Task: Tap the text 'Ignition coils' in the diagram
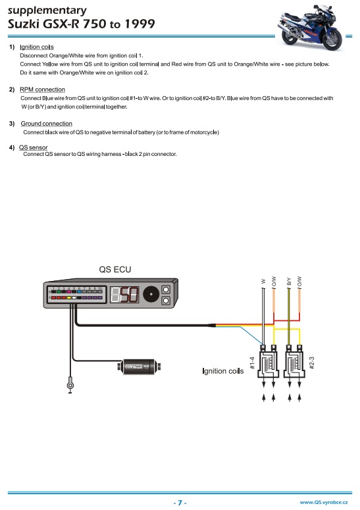coord(222,371)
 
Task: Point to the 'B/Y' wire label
coord(289,281)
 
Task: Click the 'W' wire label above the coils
coord(264,282)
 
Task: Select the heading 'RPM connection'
coord(42,89)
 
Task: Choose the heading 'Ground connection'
coord(46,124)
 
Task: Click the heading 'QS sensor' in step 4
coord(33,147)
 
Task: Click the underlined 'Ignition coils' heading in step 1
coord(37,47)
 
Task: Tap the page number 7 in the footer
coord(180,502)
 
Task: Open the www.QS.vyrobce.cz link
coord(323,502)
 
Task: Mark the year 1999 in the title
coord(140,24)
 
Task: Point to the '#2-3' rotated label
coord(312,362)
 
